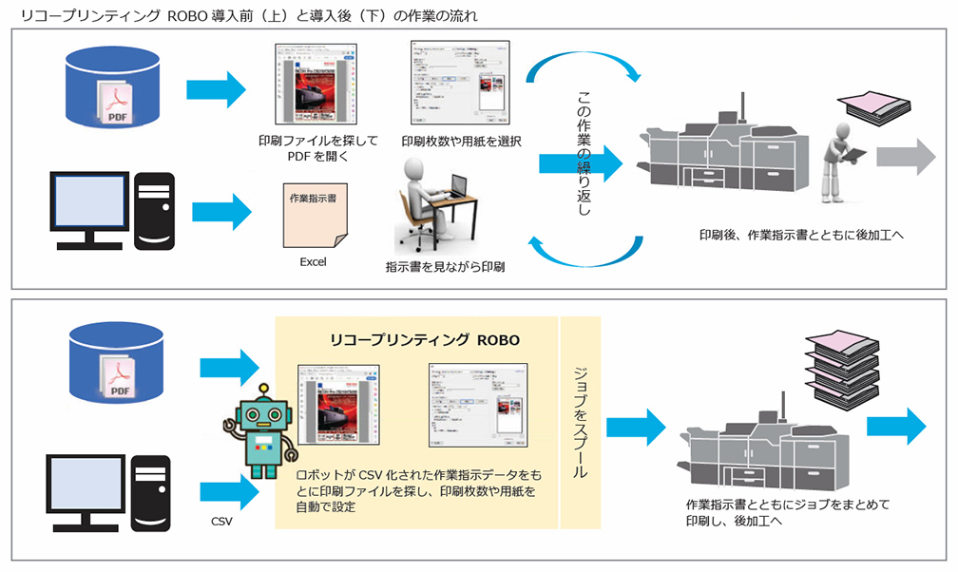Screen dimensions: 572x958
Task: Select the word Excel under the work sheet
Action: coord(313,262)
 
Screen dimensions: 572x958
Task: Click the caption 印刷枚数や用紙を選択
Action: coord(460,141)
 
